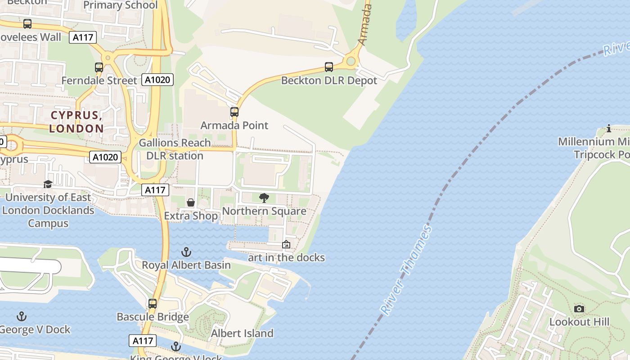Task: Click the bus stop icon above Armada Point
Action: coord(234,112)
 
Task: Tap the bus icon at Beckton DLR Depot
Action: coord(329,67)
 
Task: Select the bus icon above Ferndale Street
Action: coord(99,67)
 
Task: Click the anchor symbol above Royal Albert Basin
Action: coord(186,252)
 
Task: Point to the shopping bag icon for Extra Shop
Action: coord(191,202)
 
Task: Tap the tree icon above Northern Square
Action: coord(264,198)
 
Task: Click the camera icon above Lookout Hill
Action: coord(579,309)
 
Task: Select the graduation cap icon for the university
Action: coord(48,184)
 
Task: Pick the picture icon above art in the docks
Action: coord(286,245)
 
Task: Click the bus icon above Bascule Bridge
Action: coord(153,304)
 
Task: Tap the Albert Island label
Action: coord(242,333)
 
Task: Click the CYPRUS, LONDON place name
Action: coord(76,122)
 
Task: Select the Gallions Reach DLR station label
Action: coord(175,149)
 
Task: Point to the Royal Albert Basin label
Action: coord(186,265)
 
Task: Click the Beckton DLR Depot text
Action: coord(329,81)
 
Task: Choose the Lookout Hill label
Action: coord(579,322)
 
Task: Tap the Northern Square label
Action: coord(264,211)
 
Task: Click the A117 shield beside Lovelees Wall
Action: coord(83,37)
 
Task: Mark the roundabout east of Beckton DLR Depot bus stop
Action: coord(351,61)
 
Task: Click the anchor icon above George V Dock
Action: coord(22,317)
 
